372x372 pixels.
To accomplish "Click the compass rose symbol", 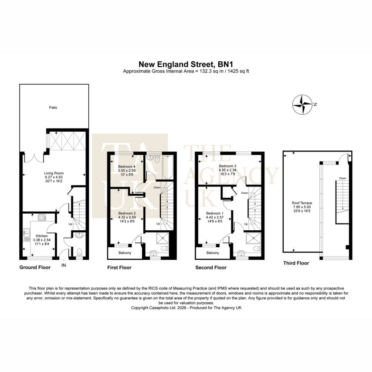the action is (302, 105).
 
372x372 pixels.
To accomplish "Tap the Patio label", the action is (53, 108).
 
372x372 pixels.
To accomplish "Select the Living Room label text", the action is (54, 173).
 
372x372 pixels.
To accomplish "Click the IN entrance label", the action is (64, 265).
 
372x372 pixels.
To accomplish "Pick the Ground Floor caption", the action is (35, 267).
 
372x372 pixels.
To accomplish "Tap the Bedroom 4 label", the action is (127, 166).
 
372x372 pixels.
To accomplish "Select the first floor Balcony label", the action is (125, 253).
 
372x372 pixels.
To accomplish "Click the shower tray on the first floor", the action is (162, 238).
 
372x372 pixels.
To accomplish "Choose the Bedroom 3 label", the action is (227, 166).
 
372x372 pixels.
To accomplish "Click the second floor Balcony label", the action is (213, 253).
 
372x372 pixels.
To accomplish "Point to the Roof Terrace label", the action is (302, 203).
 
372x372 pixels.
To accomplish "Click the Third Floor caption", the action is (296, 263).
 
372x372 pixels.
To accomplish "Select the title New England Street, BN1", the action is (186, 64).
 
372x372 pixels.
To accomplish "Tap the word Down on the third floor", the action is (343, 178).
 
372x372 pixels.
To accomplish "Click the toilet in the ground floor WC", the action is (79, 251).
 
